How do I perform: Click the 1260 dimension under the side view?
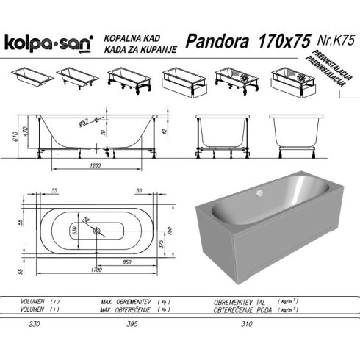point(96,165)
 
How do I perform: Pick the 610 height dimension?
point(16,137)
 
